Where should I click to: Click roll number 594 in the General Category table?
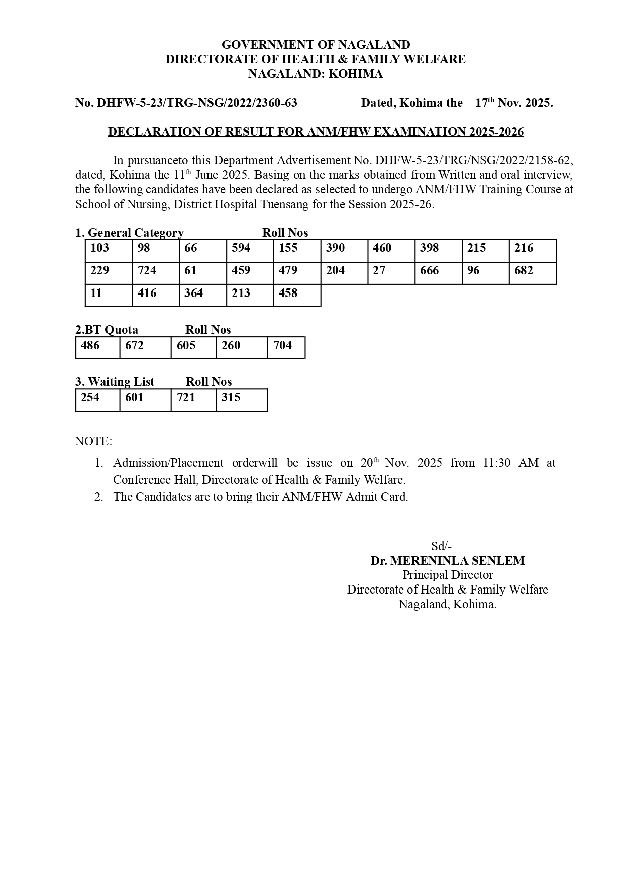tap(241, 248)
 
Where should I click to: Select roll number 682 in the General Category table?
tap(524, 270)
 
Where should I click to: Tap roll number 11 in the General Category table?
tap(96, 293)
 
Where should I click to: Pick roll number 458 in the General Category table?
tap(288, 293)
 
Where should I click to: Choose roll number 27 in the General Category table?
tap(379, 270)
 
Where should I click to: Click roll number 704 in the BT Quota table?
tap(282, 345)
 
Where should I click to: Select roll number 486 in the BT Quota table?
tap(90, 345)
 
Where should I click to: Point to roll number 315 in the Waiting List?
tap(231, 397)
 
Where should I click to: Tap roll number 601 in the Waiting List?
tap(134, 397)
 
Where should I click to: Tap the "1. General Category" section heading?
tap(130, 233)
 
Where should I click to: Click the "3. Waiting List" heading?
tap(115, 382)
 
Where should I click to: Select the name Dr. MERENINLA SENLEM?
tap(447, 561)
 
